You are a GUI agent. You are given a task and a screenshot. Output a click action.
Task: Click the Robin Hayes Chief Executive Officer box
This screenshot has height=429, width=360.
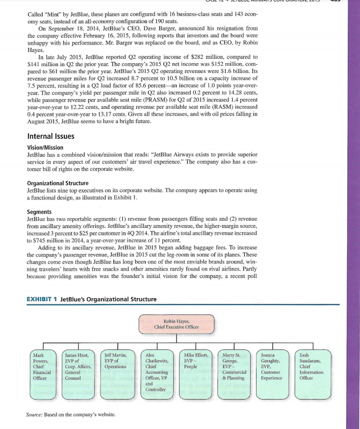pyautogui.click(x=176, y=324)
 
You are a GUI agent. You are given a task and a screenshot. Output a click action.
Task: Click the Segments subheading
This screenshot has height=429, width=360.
pyautogui.click(x=39, y=212)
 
